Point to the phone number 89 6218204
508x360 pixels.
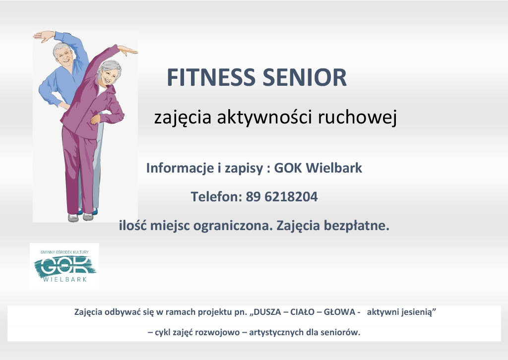coord(282,197)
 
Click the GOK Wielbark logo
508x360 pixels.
coord(64,266)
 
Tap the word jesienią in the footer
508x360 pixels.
coord(419,312)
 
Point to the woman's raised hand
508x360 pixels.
coord(127,49)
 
